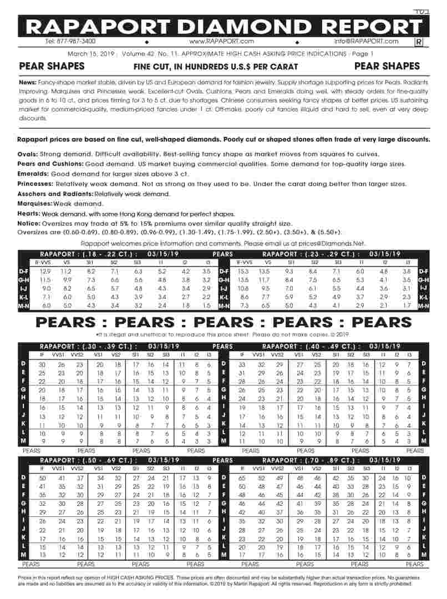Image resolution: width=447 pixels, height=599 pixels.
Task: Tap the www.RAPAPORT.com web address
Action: (221, 41)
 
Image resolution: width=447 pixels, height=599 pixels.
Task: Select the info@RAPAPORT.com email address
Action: (366, 41)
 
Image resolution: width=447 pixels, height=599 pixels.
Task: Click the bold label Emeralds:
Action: (33, 174)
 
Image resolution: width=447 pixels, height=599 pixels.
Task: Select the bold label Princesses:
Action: (37, 184)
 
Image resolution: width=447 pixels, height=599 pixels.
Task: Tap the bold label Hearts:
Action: (29, 214)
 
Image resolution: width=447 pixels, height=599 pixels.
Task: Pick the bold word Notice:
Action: (29, 223)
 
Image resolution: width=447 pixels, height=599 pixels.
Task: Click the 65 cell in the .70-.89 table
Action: (242, 478)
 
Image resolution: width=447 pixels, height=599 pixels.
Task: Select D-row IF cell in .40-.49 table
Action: (242, 364)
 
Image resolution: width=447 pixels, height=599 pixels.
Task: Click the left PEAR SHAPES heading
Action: (52, 66)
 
